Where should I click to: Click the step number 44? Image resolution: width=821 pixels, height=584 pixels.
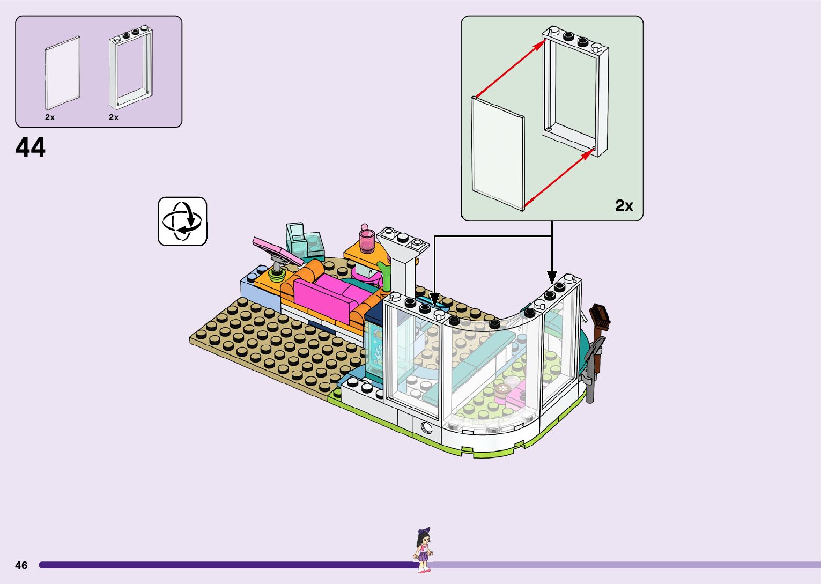tap(31, 147)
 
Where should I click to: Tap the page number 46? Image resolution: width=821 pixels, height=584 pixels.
tap(21, 565)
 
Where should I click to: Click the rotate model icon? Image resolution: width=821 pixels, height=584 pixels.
tap(182, 221)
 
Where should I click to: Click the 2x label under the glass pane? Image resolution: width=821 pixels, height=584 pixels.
tap(50, 117)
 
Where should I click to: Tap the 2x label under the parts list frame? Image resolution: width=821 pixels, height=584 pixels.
tap(114, 117)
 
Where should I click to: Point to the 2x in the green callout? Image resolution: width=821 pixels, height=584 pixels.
tap(624, 205)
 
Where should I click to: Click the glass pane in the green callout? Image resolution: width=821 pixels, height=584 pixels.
tap(497, 153)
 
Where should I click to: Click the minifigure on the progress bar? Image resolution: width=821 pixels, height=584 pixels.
tap(424, 550)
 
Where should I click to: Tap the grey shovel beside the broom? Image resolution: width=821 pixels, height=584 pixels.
tap(593, 370)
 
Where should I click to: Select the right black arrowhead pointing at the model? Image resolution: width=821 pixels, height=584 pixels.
tap(552, 277)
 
